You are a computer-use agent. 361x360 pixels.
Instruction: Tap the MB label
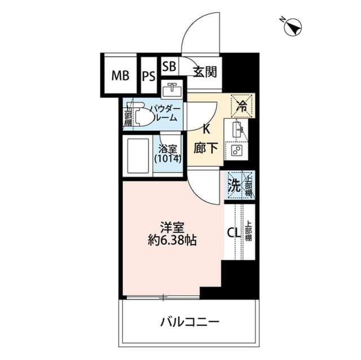tap(120, 76)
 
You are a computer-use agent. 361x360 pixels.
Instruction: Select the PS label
tap(148, 76)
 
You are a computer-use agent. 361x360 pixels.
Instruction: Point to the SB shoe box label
tap(169, 66)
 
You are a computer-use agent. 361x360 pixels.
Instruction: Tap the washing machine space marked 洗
tap(234, 184)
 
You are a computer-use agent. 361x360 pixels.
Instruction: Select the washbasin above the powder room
tap(171, 90)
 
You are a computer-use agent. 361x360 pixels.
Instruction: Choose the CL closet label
tap(233, 232)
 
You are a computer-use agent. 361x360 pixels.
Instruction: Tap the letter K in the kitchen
tap(206, 129)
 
